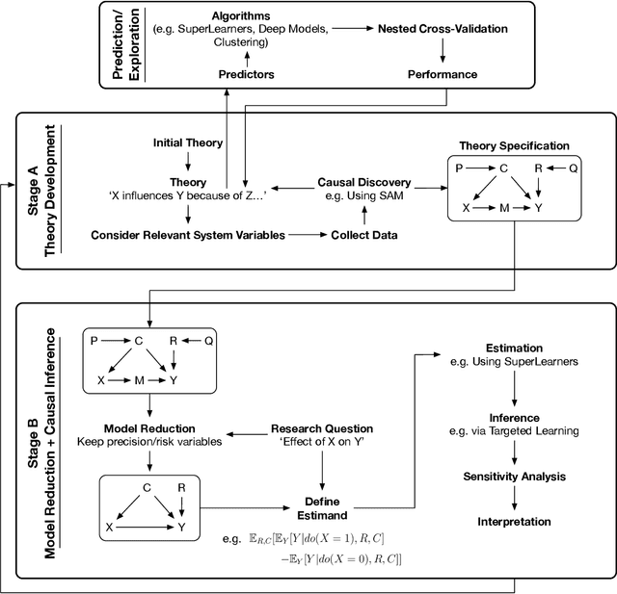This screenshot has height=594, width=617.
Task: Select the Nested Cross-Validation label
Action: coord(442,30)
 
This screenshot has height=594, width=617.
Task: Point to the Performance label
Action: coord(442,73)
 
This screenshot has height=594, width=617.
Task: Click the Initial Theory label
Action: coord(188,142)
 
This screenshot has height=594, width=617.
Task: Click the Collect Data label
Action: coord(364,234)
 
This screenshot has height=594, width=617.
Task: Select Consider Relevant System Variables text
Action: coord(188,234)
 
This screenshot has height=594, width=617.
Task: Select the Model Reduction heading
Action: coord(149,427)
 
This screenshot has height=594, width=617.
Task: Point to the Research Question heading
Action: coord(322,427)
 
